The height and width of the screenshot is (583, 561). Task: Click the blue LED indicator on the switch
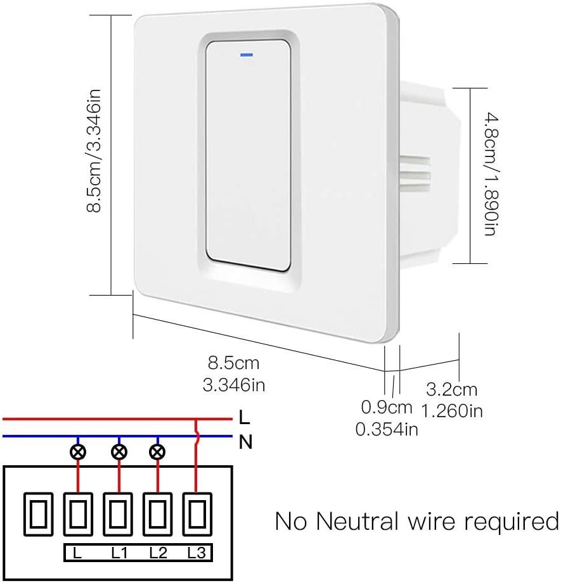click(245, 54)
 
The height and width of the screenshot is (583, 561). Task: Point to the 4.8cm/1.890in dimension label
click(490, 175)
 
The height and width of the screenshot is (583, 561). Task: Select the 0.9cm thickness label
click(387, 406)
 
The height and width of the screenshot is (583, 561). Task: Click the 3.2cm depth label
click(451, 389)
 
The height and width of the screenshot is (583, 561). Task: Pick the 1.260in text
click(451, 410)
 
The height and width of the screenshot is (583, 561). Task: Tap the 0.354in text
click(387, 429)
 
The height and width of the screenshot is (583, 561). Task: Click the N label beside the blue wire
click(245, 442)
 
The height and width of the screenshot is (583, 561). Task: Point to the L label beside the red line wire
click(245, 418)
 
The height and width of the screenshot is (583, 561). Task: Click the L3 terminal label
click(197, 553)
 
